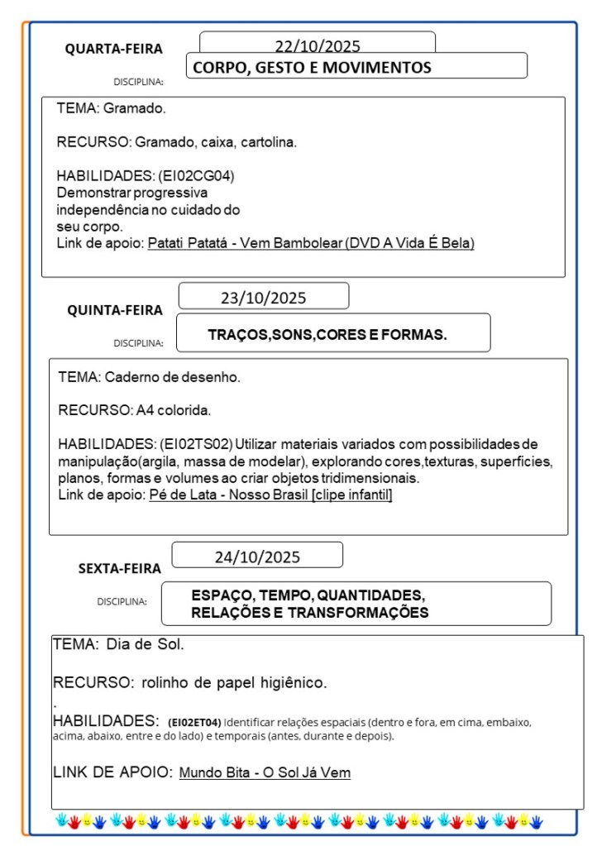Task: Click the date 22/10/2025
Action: point(318,46)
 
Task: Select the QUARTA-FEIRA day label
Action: point(114,49)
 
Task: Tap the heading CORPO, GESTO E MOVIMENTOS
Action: point(312,68)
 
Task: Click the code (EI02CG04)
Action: point(201,175)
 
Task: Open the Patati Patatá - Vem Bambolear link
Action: point(311,243)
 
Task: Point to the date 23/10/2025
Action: point(263,298)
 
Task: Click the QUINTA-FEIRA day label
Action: point(115,310)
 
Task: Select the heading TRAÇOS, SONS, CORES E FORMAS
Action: point(327,335)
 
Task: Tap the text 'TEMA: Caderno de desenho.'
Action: point(149,377)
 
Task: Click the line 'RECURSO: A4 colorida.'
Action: point(135,409)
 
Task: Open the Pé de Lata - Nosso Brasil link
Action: point(270,495)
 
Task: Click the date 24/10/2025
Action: point(257,557)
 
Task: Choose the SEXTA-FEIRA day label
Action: point(120,568)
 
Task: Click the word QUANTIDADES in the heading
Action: point(371,595)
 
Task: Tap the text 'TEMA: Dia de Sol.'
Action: point(118,643)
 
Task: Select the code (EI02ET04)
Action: point(194,722)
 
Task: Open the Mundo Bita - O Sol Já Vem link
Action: point(265,772)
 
